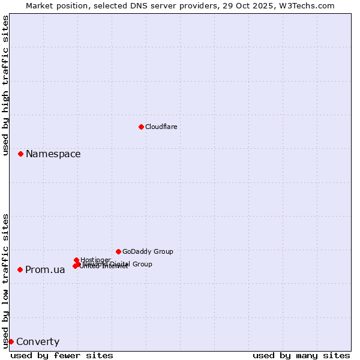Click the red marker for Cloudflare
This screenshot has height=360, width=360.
pos(141,127)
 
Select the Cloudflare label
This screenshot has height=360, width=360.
pos(161,127)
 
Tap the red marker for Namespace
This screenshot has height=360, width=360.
pos(20,154)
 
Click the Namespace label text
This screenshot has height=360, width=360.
pos(53,154)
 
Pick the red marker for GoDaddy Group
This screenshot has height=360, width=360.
pos(118,251)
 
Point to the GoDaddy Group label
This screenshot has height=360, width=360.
pos(148,251)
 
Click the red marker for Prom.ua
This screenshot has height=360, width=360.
pos(20,270)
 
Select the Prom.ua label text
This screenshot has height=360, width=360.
pos(45,270)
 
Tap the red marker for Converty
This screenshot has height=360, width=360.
pos(11,342)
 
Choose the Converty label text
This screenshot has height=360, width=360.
pos(38,342)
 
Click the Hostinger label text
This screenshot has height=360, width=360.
pos(95,260)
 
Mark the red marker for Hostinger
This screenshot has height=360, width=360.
pos(77,260)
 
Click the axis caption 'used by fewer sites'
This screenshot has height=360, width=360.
pos(62,355)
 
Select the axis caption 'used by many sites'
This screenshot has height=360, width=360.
pos(301,355)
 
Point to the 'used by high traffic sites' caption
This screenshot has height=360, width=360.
pos(6,85)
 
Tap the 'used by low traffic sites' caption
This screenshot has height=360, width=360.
pos(6,281)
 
